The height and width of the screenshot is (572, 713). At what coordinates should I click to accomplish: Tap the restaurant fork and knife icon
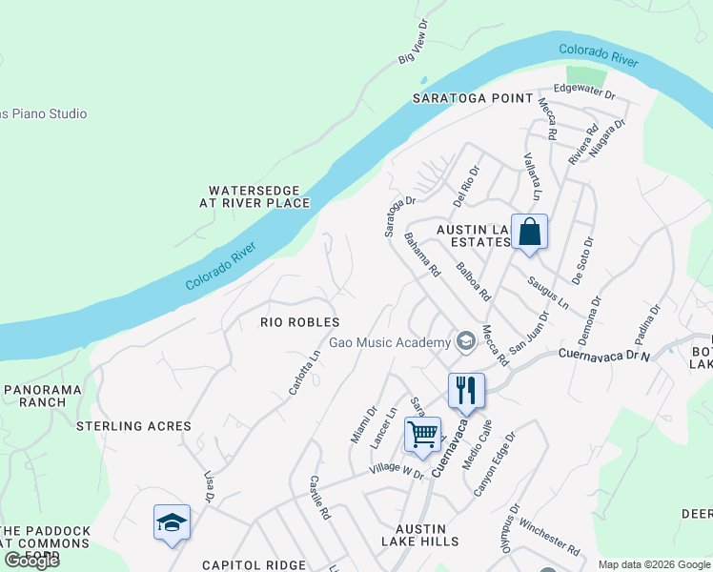coord(466,391)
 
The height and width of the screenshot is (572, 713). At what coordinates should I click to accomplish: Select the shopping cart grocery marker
coord(422,435)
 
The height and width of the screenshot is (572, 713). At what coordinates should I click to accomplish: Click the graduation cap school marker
coord(172,522)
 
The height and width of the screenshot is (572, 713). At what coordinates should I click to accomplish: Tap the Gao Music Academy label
coord(389,342)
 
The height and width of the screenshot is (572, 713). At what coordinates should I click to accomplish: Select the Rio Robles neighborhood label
coord(300,322)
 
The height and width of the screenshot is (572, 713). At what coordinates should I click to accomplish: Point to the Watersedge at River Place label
coord(255,196)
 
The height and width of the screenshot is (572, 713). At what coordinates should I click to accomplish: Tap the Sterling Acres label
coord(133,426)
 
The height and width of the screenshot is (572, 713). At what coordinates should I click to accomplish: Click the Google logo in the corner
coord(31,561)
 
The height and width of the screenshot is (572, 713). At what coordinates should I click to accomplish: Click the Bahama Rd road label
coord(421,255)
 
